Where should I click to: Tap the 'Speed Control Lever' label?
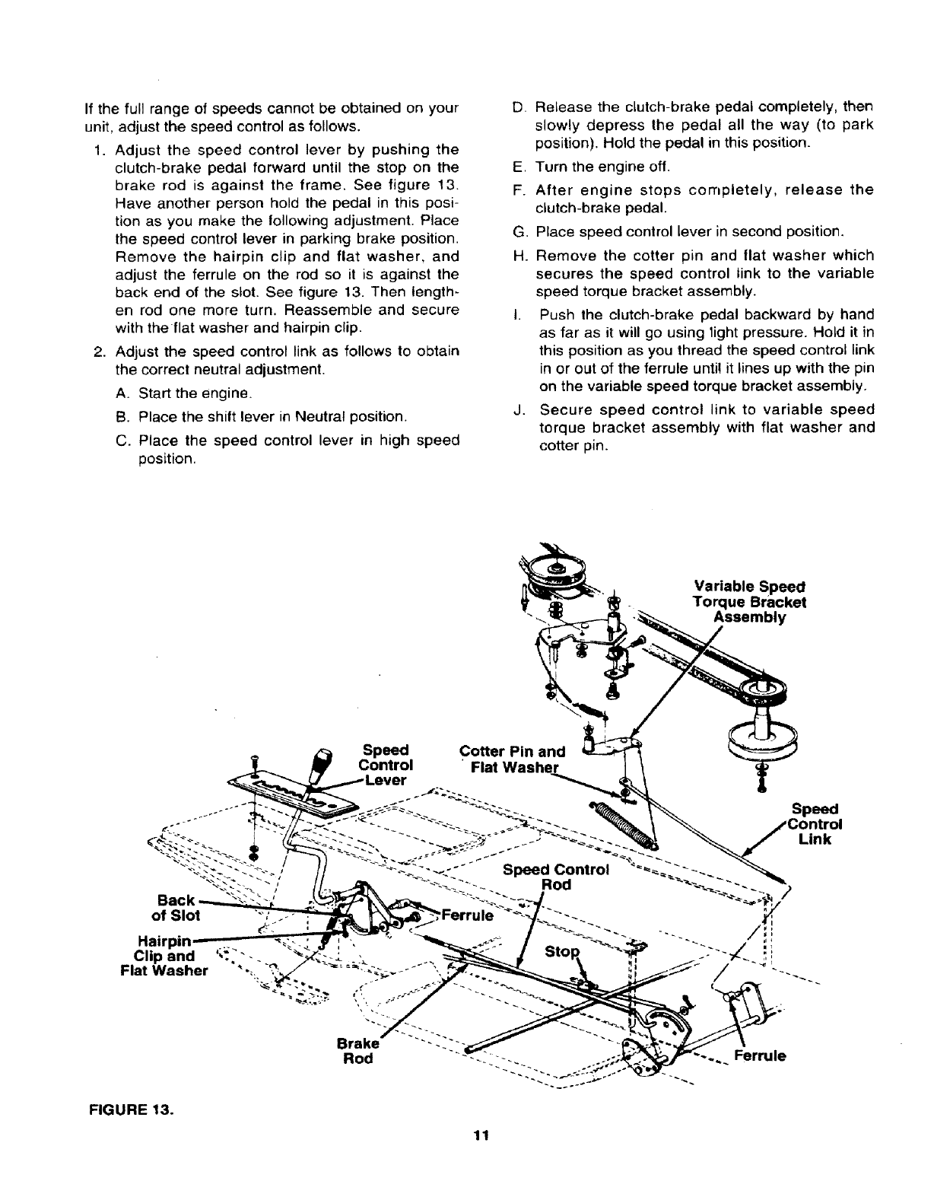(385, 765)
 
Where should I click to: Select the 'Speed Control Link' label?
(815, 824)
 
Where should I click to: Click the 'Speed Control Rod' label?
(556, 877)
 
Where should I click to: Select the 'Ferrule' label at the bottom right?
(760, 1056)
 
